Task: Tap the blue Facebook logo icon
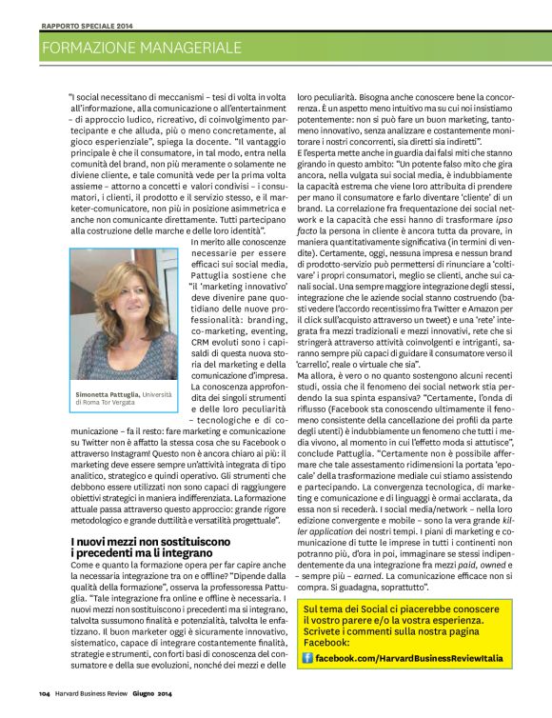(307, 658)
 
